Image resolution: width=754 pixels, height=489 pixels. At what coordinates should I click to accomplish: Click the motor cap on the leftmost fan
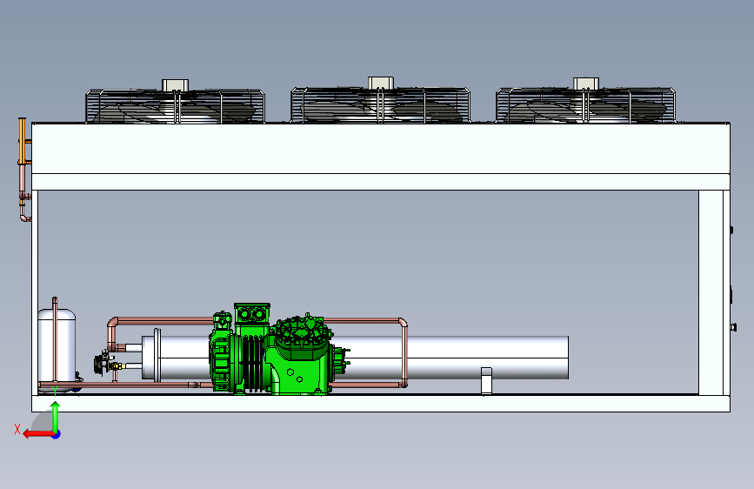pos(175,84)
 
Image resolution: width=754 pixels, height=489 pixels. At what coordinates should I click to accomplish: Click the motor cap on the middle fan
pos(381,83)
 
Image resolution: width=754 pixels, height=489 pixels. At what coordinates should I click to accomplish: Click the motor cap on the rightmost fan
pos(586,84)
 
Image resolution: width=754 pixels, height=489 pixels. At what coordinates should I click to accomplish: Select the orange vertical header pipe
pos(22,141)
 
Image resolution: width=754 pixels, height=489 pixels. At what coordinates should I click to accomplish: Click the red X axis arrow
pos(38,434)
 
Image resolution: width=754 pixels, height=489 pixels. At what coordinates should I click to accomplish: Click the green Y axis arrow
pos(56,418)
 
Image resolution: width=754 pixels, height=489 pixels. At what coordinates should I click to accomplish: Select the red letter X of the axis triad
pos(17,429)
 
